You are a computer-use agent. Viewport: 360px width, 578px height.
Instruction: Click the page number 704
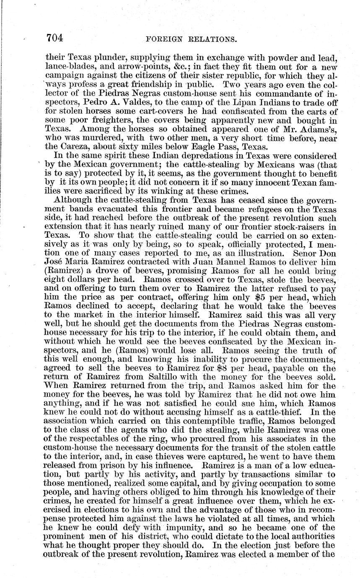54,39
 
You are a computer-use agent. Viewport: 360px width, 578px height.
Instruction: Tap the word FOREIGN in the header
164,40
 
